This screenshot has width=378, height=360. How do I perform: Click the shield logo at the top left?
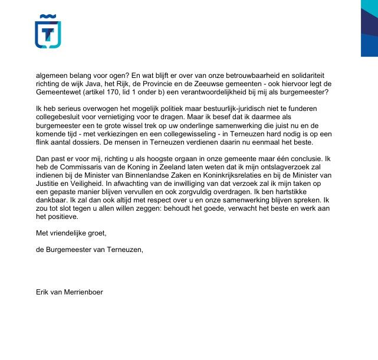pyautogui.click(x=48, y=31)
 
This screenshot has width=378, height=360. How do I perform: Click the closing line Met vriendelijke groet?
pyautogui.click(x=71, y=233)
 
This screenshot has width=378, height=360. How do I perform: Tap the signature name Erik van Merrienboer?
pyautogui.click(x=69, y=291)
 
